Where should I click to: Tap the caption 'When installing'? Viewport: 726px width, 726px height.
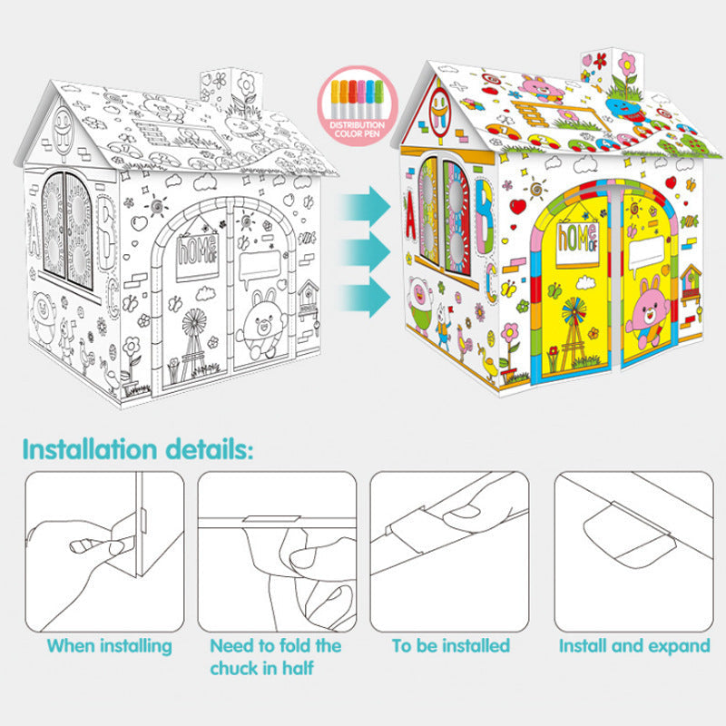click(x=109, y=646)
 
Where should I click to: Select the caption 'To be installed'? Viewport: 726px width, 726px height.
click(x=450, y=646)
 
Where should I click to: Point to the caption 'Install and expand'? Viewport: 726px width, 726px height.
click(x=634, y=646)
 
